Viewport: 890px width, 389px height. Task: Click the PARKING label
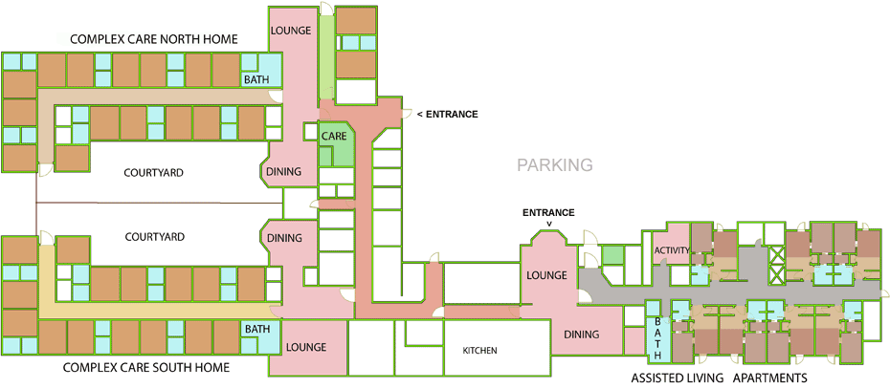(555, 165)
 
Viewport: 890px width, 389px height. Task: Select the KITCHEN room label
(479, 351)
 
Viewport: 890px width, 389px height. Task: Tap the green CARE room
(334, 138)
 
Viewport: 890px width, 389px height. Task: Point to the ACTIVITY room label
(672, 250)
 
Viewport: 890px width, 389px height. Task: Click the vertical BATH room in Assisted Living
(656, 338)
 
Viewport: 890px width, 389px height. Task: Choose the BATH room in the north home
(256, 80)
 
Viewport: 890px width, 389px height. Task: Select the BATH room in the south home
(256, 330)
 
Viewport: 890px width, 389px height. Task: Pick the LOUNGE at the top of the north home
(290, 31)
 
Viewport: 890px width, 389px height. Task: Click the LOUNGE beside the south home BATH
(305, 347)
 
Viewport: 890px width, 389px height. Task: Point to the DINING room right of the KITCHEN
(580, 335)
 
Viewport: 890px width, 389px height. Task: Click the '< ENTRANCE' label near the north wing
(447, 115)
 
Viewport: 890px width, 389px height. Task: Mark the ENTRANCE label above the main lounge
(548, 212)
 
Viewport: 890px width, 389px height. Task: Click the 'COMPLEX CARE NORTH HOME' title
(153, 39)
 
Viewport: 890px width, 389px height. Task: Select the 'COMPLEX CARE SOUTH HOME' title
(145, 367)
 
